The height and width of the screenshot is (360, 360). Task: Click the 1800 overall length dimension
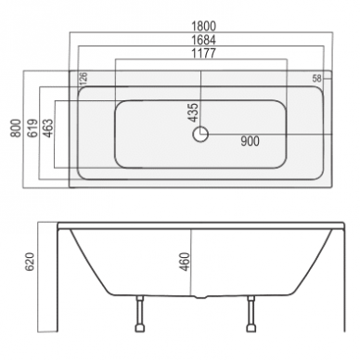pos(203,26)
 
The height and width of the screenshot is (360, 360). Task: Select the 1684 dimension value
pos(203,40)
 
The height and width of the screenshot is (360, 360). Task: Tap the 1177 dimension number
pos(203,53)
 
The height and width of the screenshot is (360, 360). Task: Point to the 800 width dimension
pos(16,128)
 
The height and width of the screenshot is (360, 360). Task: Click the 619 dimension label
pos(32,128)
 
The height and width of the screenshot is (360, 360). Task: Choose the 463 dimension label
pos(48,128)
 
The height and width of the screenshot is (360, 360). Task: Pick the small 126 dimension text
pos(84,78)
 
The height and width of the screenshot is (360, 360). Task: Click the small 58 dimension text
pos(316,79)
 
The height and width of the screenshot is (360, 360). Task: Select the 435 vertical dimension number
pos(193,112)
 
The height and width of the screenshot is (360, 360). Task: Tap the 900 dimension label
pos(250,141)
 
